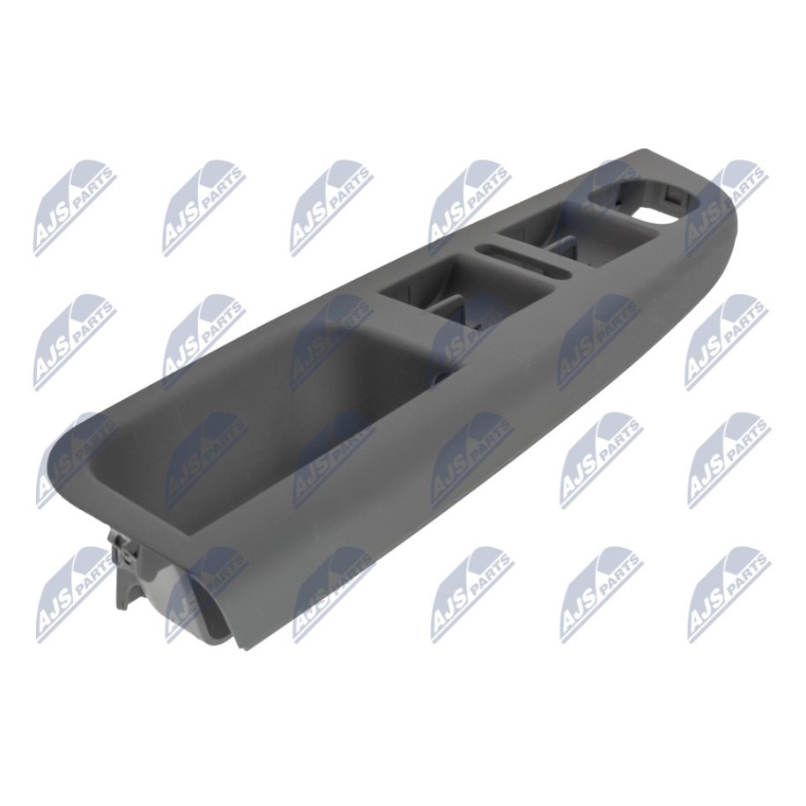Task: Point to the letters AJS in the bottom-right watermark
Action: coord(710,613)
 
